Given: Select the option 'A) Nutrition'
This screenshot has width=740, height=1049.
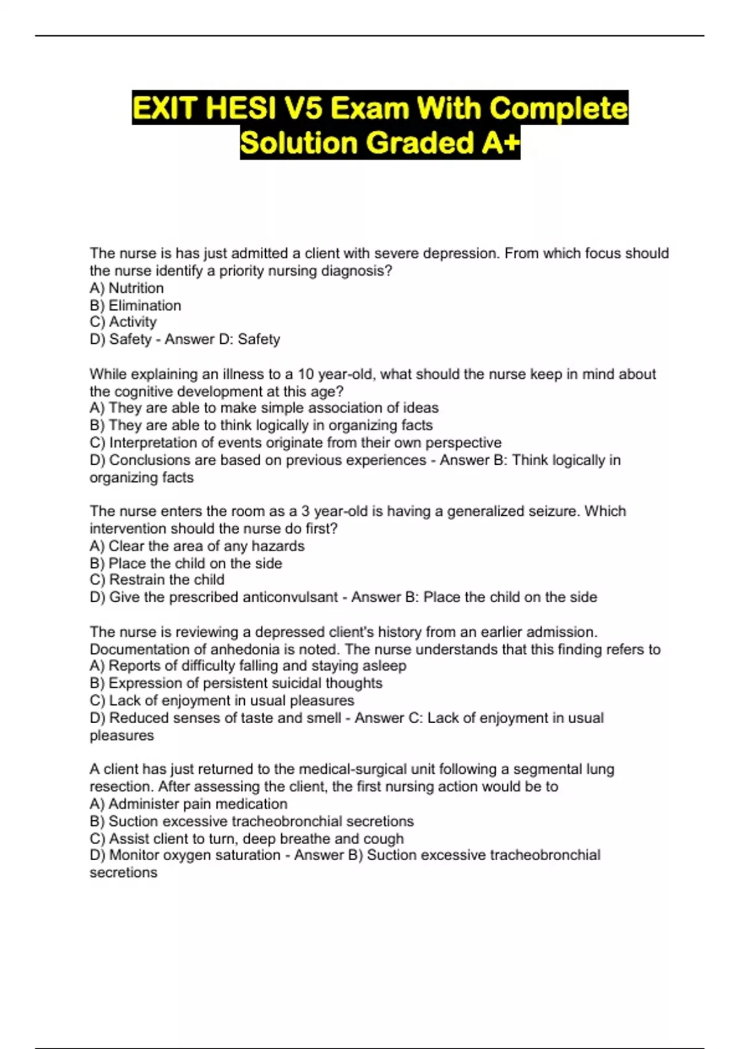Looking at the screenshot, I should (126, 288).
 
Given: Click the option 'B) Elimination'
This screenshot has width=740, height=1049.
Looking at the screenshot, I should (135, 305).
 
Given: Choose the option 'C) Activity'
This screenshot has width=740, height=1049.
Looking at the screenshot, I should (123, 322).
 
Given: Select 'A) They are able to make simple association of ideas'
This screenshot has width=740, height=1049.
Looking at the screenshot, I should (264, 408).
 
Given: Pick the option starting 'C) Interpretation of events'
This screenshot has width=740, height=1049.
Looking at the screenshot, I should (295, 443).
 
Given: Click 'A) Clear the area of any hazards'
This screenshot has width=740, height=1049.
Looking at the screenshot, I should (197, 546).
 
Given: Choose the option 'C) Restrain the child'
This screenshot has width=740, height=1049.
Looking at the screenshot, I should (157, 580).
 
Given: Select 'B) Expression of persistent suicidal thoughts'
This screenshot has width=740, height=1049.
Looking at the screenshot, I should (236, 683).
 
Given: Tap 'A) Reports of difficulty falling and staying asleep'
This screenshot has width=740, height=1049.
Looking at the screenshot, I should (248, 666).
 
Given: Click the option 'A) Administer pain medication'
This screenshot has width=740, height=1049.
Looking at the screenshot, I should (188, 804).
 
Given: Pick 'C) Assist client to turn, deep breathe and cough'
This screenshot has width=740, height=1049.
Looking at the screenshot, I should (247, 839).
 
